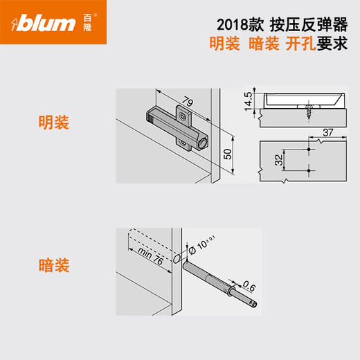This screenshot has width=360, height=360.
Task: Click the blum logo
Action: click(x=45, y=24)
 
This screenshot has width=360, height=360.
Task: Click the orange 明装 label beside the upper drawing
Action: click(x=54, y=125)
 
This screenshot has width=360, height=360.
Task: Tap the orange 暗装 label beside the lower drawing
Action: click(x=54, y=265)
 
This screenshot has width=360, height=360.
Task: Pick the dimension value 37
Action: click(x=329, y=132)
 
